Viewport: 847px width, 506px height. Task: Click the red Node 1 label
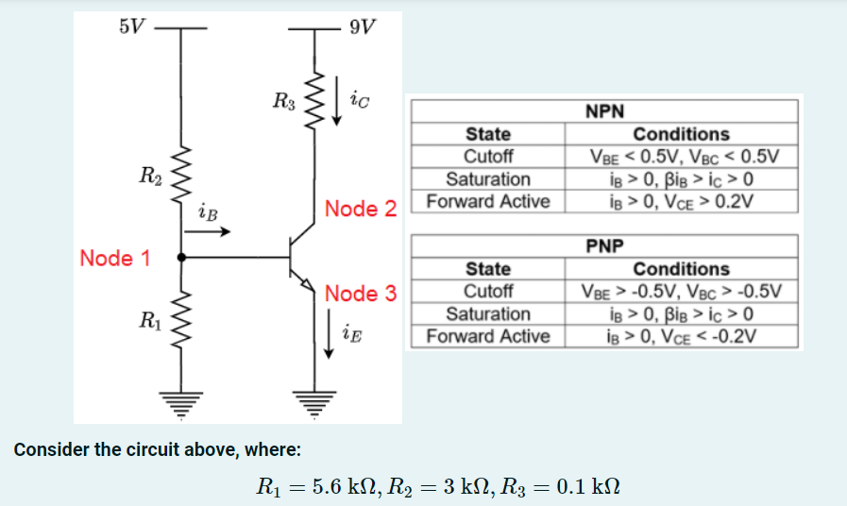pyautogui.click(x=115, y=258)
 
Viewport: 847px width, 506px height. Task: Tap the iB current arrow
pyautogui.click(x=212, y=233)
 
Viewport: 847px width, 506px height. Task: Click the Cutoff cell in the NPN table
pyautogui.click(x=488, y=157)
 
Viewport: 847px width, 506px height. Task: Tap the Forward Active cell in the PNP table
pyautogui.click(x=488, y=336)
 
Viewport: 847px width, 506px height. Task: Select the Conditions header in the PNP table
pyautogui.click(x=681, y=269)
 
